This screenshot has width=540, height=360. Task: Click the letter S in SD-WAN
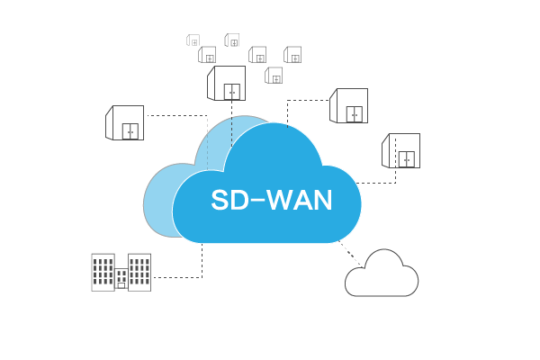tap(220, 200)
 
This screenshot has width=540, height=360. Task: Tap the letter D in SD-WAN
tap(243, 200)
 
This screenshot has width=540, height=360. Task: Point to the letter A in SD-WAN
tap(303, 200)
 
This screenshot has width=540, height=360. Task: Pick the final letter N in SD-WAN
tap(323, 200)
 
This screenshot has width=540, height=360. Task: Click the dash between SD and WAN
tap(261, 201)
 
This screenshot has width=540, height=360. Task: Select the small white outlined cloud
tap(382, 274)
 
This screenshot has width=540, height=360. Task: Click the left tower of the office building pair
tap(103, 271)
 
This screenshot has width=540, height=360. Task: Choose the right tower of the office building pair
tap(139, 270)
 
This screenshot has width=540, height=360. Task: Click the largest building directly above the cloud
tap(227, 83)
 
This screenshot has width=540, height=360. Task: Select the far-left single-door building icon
tap(125, 122)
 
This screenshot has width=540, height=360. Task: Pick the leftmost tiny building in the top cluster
tap(193, 40)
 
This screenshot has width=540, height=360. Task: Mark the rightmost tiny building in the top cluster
tap(292, 55)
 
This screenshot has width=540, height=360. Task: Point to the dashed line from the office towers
tap(180, 277)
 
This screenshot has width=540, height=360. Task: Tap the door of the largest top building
tap(232, 92)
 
